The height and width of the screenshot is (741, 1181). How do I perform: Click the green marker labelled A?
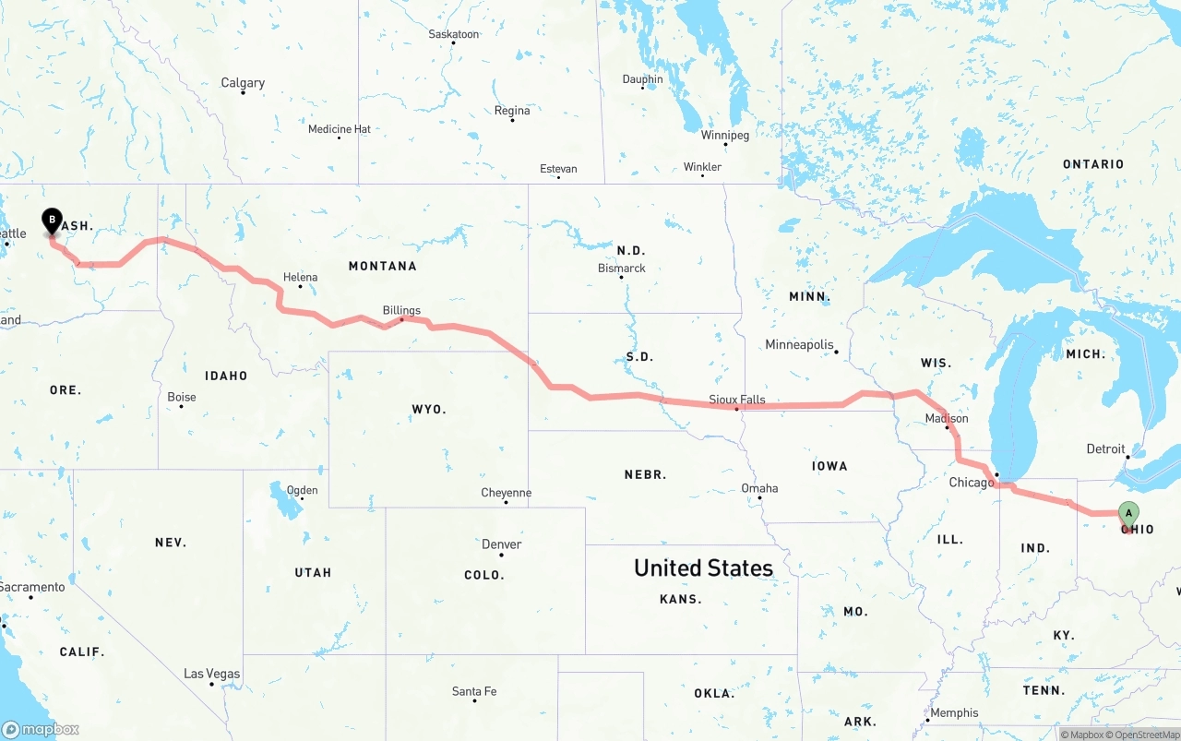1127,514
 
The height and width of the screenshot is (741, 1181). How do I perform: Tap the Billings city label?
401,311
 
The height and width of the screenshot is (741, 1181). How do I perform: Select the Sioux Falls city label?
737,400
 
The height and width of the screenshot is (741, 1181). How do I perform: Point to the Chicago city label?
972,483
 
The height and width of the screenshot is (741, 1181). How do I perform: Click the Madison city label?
947,419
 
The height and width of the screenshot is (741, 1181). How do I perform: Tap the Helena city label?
300,277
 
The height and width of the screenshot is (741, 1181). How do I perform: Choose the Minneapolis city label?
799,345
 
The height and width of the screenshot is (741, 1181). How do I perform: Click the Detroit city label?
1105,449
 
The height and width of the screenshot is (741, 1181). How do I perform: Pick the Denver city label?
502,544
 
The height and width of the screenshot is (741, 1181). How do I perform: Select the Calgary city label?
243,83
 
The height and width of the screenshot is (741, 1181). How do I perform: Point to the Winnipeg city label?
725,135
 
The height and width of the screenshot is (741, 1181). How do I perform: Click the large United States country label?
703,568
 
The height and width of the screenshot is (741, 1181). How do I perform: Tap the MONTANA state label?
382,266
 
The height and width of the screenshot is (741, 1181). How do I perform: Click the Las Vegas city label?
211,674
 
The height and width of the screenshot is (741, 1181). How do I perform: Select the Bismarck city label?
622,269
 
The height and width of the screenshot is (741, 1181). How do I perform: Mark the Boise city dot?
182,406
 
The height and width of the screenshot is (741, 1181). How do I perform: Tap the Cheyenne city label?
506,493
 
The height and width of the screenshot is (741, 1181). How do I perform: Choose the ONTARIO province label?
1093,164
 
